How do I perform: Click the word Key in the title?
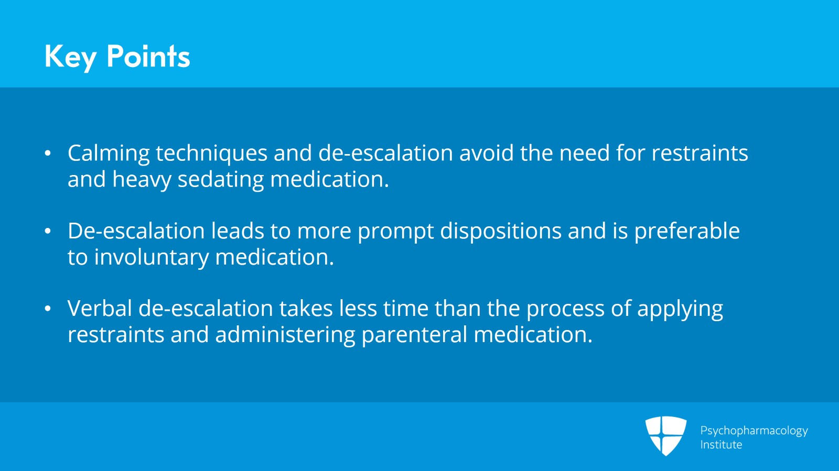pyautogui.click(x=70, y=58)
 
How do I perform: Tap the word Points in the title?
pyautogui.click(x=148, y=56)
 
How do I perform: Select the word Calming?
pyautogui.click(x=109, y=154)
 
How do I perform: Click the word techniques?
pyautogui.click(x=212, y=154)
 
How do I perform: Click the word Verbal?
pyautogui.click(x=100, y=309)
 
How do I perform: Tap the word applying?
pyautogui.click(x=680, y=310)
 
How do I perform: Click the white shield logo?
pyautogui.click(x=666, y=436)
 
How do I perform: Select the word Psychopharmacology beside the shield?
pyautogui.click(x=754, y=431)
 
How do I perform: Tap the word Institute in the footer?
pyautogui.click(x=721, y=444)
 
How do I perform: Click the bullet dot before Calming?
pyautogui.click(x=48, y=154)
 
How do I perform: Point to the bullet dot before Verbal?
pyautogui.click(x=48, y=309)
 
